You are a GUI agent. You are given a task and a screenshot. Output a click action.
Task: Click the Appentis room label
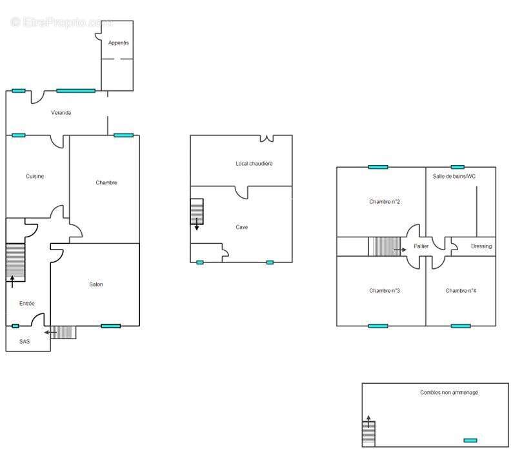point(118,43)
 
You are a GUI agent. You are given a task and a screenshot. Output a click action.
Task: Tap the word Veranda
point(61,113)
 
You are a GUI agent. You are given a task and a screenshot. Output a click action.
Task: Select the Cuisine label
point(35,176)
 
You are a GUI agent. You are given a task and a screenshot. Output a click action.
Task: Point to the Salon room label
point(96,284)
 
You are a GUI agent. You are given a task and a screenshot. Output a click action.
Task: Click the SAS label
point(25,341)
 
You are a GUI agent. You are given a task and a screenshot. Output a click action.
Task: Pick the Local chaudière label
point(254,164)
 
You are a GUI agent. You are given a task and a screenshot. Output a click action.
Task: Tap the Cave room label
point(241,227)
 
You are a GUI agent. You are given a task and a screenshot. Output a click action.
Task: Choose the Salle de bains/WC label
point(454,176)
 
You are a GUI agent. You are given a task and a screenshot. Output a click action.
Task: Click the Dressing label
point(481,246)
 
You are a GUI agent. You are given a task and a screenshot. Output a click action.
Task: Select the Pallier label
point(421,246)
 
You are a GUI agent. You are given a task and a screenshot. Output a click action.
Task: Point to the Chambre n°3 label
point(385,291)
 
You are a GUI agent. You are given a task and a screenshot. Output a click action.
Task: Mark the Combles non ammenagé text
point(449,393)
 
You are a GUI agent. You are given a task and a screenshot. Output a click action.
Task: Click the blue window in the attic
point(470,440)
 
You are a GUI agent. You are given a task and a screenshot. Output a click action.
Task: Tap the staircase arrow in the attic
point(368,421)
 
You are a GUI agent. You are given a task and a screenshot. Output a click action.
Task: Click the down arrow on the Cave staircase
point(197,224)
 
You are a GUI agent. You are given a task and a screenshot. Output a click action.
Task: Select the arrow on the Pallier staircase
point(400,250)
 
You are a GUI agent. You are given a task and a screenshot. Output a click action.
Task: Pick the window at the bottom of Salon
point(111,326)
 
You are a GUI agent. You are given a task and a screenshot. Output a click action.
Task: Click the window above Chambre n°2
point(378,167)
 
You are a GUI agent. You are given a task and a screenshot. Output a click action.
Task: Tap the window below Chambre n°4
point(461,326)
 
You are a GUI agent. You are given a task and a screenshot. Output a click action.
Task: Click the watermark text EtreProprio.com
point(61,22)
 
